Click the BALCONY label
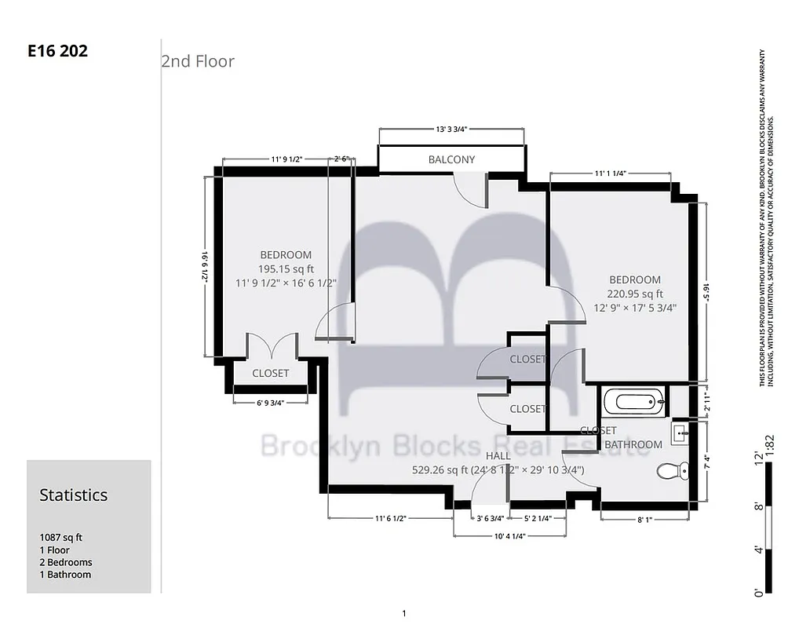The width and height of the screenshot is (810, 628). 451,159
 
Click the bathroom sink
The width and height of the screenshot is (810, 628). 680,433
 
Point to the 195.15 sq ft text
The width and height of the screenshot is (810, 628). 286,268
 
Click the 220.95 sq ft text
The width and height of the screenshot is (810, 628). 635,294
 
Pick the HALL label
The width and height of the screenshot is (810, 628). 498,455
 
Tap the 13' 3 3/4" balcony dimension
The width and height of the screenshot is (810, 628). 451,130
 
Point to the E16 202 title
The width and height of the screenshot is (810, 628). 57,52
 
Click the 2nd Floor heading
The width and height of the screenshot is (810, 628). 198,61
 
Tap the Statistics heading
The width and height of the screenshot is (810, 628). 74,495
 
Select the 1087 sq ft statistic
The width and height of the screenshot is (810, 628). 61,538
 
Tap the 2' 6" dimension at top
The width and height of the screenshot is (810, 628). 341,159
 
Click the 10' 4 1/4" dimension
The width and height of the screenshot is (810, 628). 510,536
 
